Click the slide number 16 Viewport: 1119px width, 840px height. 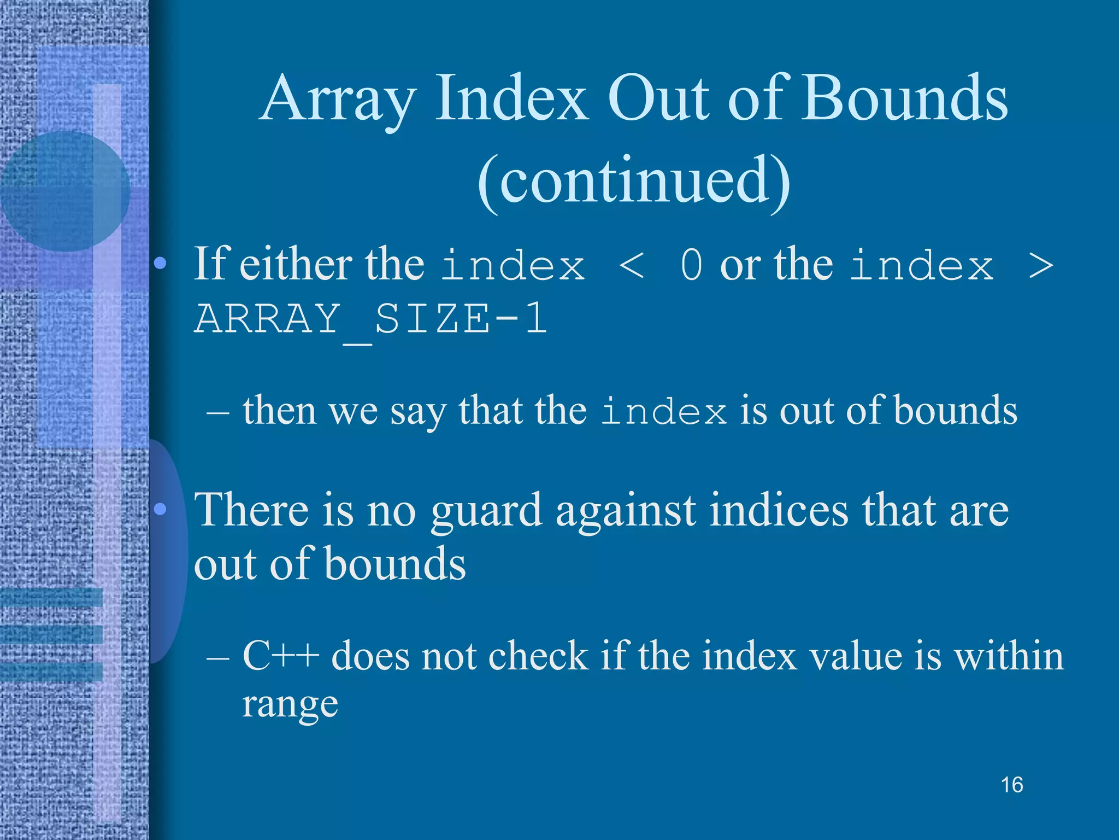pos(1011,785)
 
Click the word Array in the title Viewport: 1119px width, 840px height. pos(338,100)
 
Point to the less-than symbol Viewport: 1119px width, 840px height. pos(632,266)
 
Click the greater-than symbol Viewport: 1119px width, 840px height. pos(1040,266)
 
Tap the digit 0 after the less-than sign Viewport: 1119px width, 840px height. pos(692,266)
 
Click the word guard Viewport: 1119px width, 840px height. pos(486,511)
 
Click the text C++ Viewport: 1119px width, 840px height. pos(280,655)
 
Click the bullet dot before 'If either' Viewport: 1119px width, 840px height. pos(160,265)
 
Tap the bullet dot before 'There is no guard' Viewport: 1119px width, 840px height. pos(160,510)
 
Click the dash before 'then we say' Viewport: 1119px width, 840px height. pos(217,411)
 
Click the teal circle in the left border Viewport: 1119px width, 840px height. pos(64,191)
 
